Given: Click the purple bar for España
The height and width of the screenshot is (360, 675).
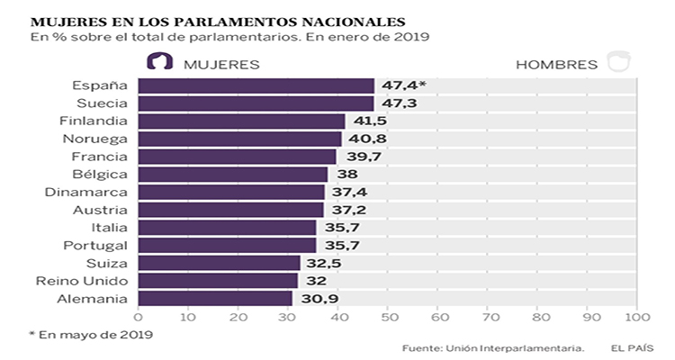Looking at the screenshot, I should pos(256,85).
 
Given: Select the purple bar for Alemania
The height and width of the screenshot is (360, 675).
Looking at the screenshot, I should pos(215,298).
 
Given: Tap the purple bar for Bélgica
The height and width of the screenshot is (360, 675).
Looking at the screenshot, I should pos(232,174).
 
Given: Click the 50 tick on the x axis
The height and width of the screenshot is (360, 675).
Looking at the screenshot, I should pos(388,317).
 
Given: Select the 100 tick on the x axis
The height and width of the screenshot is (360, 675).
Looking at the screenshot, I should pos(637,317).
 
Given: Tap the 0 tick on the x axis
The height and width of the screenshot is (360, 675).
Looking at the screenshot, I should pos(138,317).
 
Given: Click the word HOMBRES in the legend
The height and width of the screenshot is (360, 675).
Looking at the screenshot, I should pos(557,65).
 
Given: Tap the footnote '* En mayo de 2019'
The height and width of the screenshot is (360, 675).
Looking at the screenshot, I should pos(90,335).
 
